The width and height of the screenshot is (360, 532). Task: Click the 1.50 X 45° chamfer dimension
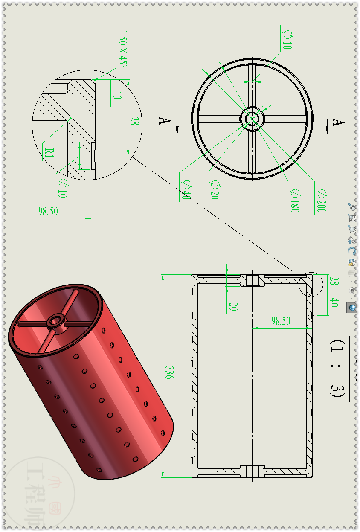pos(122,49)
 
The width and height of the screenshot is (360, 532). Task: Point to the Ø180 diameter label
pos(294,201)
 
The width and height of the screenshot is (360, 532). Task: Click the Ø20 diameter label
pos(214,190)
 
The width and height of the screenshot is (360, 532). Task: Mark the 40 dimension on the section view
pos(334,302)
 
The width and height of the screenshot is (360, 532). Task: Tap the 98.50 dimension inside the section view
pos(281,321)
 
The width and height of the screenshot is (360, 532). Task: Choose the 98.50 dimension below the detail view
pos(48,211)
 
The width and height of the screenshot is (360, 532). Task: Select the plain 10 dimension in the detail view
pos(117,95)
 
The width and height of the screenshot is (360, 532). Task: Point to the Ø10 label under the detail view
pos(62,188)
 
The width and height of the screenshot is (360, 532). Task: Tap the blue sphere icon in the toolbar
pos(352,307)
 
